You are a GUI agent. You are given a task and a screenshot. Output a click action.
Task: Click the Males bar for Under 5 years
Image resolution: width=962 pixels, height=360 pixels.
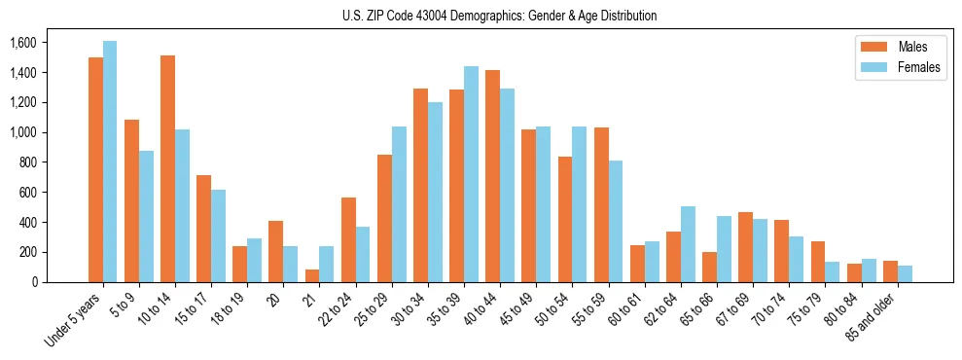95,170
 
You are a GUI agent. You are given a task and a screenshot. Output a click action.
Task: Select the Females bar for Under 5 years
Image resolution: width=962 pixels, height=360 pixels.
110,162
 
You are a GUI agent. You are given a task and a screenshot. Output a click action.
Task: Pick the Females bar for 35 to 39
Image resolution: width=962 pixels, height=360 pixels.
471,174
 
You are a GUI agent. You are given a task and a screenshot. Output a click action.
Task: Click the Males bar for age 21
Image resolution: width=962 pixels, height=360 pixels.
312,275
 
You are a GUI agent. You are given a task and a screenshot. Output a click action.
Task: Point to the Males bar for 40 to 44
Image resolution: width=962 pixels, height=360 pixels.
492,176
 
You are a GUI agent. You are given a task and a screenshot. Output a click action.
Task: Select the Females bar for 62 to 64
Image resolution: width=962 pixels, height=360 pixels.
688,244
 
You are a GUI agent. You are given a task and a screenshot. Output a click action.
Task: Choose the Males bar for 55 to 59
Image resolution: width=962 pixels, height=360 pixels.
601,204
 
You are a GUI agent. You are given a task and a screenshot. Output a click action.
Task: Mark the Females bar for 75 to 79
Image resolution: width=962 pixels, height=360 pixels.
833,271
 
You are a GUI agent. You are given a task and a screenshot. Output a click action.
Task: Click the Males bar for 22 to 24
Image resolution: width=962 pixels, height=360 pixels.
348,239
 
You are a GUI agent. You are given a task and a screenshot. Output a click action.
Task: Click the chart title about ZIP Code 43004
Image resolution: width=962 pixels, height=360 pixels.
499,16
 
